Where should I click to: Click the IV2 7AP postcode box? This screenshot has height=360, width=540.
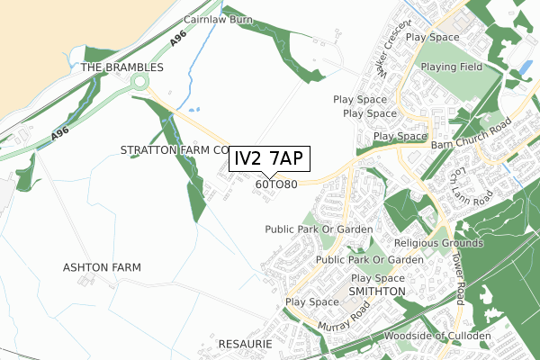[x=271, y=159]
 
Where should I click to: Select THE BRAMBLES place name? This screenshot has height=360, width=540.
[x=122, y=67]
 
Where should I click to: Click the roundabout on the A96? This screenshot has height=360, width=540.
[x=140, y=83]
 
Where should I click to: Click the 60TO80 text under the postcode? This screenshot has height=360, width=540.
[x=276, y=184]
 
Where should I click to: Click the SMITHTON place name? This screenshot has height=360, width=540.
[x=377, y=292]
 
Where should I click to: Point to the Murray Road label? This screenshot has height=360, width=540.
[x=343, y=317]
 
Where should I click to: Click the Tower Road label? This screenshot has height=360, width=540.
[x=458, y=276]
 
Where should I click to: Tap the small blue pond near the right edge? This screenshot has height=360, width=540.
[x=526, y=67]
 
